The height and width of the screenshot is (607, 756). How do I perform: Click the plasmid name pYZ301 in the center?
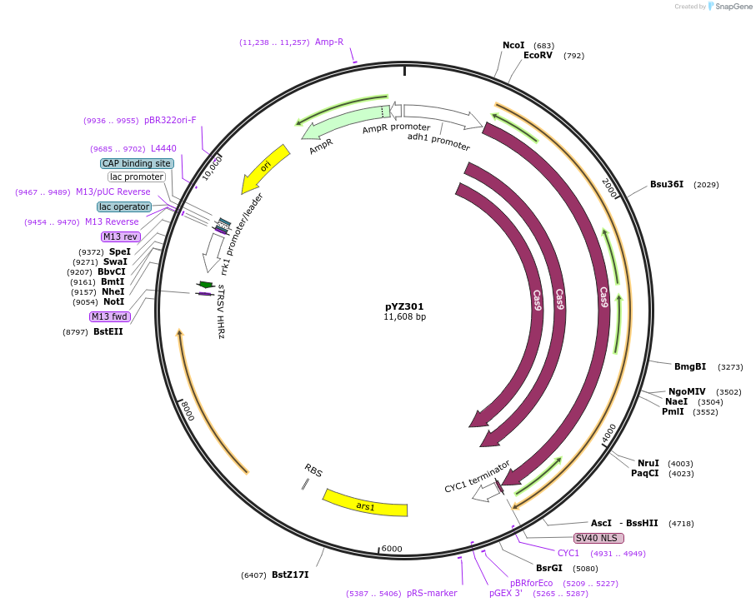point(404,306)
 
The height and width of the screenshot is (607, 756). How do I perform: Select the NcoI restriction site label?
point(513,45)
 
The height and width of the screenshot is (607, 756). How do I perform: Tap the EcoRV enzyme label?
point(538,56)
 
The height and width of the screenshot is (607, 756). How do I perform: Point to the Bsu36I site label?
point(667,184)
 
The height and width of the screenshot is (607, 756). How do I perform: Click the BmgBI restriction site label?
point(690,366)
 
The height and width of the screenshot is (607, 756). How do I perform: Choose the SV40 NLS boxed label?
point(598,538)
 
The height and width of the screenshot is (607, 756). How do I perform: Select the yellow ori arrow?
point(266,168)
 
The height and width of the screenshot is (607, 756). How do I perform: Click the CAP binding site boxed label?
point(138,163)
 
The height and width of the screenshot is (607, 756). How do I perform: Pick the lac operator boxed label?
point(124,206)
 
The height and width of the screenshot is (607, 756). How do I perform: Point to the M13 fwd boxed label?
point(110,316)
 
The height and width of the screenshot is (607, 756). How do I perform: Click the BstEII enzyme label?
point(108,331)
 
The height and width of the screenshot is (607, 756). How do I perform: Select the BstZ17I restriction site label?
point(290,575)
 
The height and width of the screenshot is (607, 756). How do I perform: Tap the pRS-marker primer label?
point(432,593)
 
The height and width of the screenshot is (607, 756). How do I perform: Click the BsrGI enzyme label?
point(549,569)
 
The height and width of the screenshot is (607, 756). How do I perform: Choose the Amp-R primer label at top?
point(329,42)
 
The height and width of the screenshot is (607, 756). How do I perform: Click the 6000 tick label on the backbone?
point(392,550)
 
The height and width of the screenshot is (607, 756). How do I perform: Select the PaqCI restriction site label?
point(644,474)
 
